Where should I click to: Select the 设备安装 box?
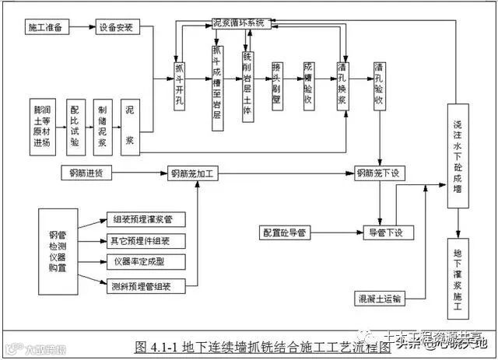pyautogui.click(x=115, y=28)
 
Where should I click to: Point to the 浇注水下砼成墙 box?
pyautogui.click(x=458, y=156)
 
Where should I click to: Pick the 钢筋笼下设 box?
pyautogui.click(x=378, y=173)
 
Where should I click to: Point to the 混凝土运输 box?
pyautogui.click(x=380, y=298)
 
